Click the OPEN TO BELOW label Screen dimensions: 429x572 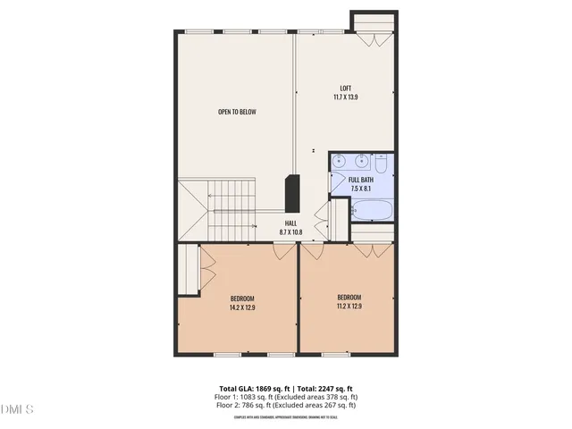pos(237,112)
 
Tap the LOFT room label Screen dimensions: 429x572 pos(345,88)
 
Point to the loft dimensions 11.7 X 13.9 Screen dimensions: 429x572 pos(345,97)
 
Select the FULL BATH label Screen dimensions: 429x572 pos(361,181)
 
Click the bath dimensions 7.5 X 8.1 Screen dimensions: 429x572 pos(361,189)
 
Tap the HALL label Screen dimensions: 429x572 pos(290,223)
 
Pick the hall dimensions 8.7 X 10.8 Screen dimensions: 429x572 pos(290,232)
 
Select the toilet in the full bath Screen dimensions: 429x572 pos(381,164)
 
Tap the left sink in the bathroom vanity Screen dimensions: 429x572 pos(341,162)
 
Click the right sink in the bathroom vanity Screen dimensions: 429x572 pos(360,162)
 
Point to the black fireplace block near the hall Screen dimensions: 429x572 pos(291,191)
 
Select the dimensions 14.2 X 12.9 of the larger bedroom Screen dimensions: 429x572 pos(242,307)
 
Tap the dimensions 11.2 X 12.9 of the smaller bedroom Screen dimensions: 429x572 pos(349,307)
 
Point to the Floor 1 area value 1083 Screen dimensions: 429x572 pos(256,397)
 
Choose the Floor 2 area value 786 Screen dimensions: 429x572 pos(257,405)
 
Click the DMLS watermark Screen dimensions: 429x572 pos(17,409)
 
